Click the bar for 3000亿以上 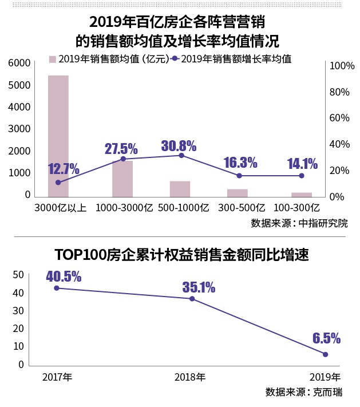pos(58,136)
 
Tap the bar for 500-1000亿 pos(180,189)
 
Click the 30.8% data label pos(179,145)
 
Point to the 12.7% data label pos(64,169)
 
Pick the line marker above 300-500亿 pos(239,176)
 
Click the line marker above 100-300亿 pos(302,176)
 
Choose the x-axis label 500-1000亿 pos(180,207)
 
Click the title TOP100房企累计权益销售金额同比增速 pos(181,255)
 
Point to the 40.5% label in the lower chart pos(64,276)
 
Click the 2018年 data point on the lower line pos(192,299)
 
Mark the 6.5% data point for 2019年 pos(326,354)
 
